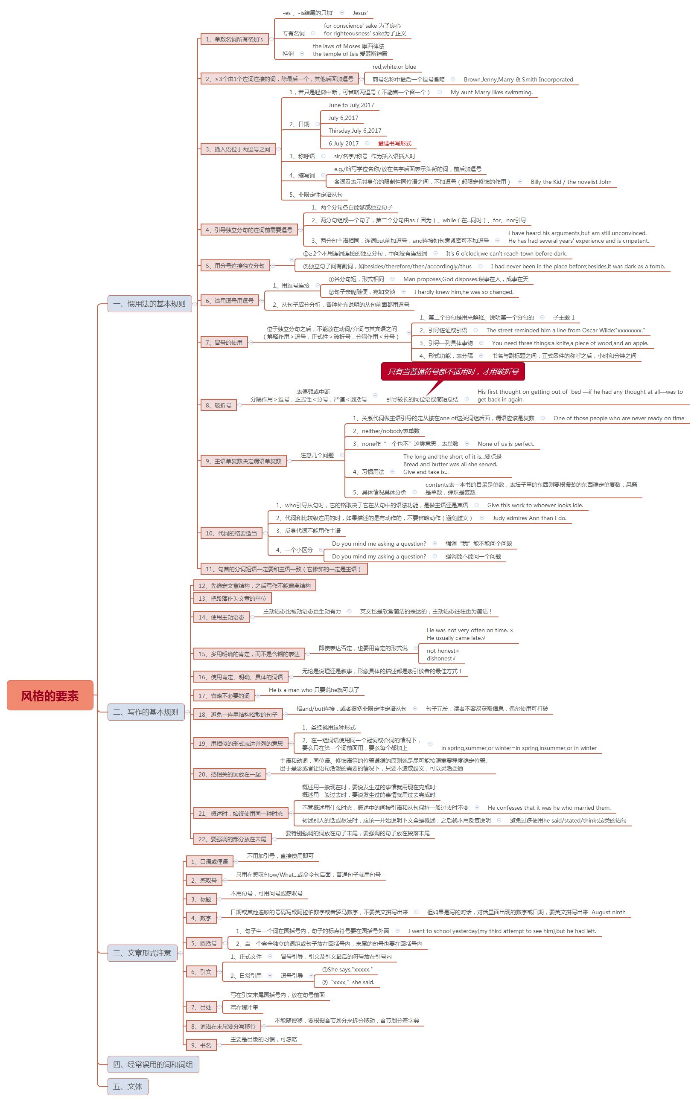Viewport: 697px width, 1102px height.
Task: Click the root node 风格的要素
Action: pos(50,695)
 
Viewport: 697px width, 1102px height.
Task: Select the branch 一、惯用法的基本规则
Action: pos(149,304)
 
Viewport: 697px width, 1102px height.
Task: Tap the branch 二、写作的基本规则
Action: pos(146,712)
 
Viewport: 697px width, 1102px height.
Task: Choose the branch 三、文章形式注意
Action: pos(142,953)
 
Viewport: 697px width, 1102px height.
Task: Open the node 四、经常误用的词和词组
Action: pos(153,1064)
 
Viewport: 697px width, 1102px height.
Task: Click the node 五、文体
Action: pos(128,1087)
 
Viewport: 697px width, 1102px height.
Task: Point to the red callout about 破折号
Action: pos(453,372)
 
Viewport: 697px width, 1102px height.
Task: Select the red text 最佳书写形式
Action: pos(395,143)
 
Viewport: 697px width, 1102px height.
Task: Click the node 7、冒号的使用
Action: pos(224,342)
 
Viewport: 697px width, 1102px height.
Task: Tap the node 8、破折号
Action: pos(219,405)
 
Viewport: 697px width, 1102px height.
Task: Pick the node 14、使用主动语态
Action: pos(221,617)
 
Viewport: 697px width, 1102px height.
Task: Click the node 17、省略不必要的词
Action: pos(224,695)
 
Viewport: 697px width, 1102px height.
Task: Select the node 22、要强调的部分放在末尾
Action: pos(232,839)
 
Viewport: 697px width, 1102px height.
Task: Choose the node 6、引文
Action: pos(201,971)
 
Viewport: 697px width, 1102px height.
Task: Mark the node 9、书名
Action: pos(201,1045)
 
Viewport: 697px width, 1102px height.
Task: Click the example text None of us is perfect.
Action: pos(506,444)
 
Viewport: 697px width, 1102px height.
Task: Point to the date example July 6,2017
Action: pos(344,118)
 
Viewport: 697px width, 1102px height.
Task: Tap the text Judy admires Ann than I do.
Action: pos(529,518)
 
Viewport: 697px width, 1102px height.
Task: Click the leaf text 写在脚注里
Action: pos(244,1008)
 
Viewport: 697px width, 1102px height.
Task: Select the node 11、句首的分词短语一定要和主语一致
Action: pos(284,569)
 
